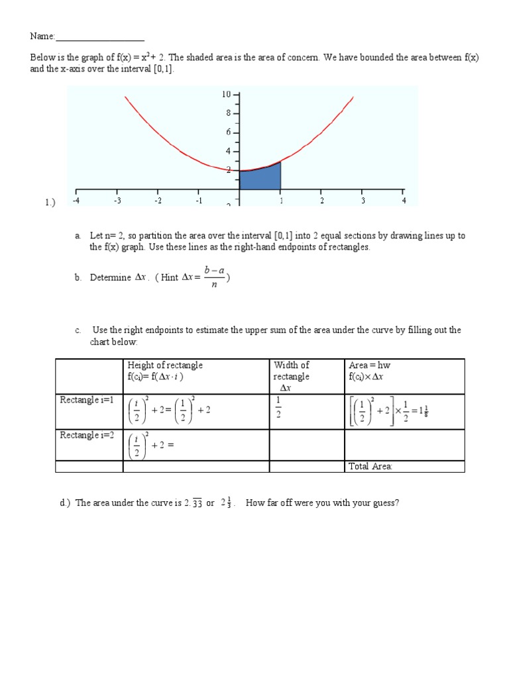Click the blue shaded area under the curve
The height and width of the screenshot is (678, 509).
260,179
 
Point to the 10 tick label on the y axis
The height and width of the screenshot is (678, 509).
226,95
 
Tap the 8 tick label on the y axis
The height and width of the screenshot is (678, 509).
228,113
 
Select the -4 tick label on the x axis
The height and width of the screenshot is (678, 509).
76,201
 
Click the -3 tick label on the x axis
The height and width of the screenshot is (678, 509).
117,201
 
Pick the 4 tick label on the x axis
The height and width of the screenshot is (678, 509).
404,201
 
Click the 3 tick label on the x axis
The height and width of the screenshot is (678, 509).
363,201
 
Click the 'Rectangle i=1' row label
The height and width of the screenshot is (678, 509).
87,400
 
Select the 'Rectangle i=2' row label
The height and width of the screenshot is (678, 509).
87,435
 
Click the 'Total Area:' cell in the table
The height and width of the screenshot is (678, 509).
370,467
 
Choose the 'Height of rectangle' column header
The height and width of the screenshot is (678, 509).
165,365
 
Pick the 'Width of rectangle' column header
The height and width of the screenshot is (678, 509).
292,371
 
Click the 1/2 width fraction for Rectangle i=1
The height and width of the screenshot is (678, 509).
278,407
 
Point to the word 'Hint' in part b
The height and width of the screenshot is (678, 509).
169,278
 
